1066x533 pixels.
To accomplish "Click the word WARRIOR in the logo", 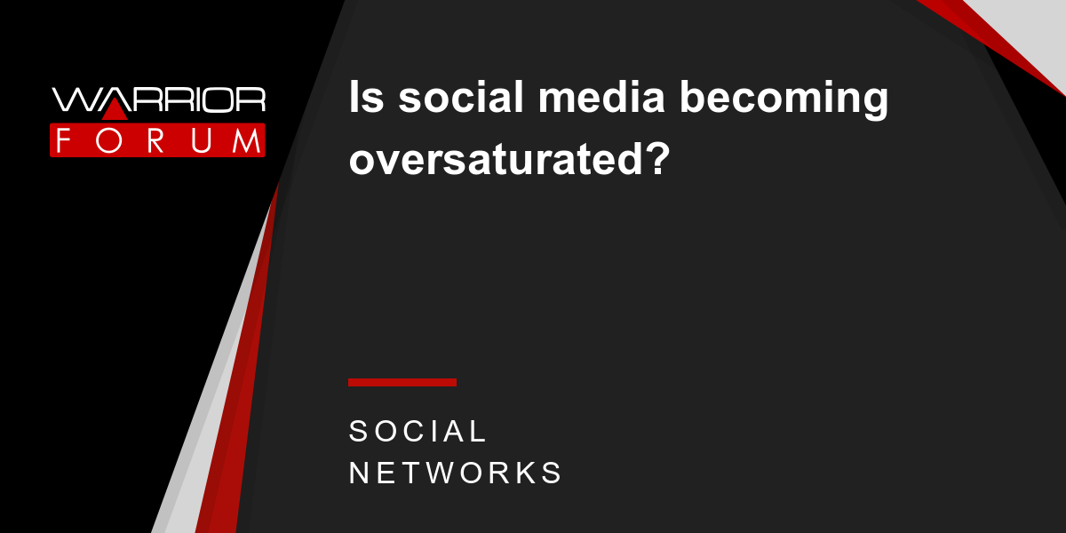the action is (x=158, y=99).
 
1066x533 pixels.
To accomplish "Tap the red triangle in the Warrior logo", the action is (x=115, y=110).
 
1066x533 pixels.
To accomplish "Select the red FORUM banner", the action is (x=157, y=140).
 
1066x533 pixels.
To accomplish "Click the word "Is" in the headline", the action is (x=366, y=97).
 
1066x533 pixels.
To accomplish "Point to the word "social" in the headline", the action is (x=461, y=97).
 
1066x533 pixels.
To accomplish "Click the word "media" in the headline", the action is (x=601, y=97).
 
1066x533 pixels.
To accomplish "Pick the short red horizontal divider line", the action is (x=402, y=382).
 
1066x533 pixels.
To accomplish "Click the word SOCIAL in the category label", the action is (x=417, y=431).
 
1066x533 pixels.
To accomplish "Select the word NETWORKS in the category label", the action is (x=455, y=473).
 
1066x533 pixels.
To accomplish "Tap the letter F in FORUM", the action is (x=63, y=140).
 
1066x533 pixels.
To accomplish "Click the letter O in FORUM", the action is (x=108, y=140).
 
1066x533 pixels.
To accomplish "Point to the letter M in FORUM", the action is (x=247, y=140).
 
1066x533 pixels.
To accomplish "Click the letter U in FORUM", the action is (x=201, y=141).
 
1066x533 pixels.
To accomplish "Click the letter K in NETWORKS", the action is (x=525, y=473).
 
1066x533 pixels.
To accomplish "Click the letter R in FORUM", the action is (x=155, y=140).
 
